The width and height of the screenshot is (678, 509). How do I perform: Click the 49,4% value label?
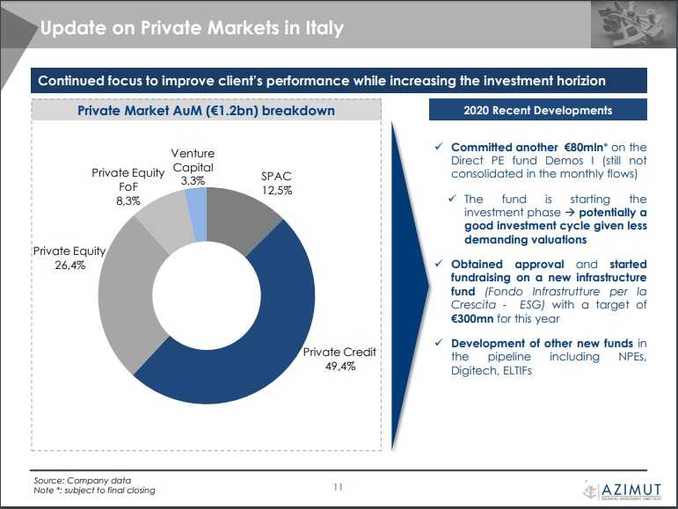[339, 367]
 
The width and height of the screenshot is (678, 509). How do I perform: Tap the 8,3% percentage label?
[128, 201]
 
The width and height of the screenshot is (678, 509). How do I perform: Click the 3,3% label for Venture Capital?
[193, 180]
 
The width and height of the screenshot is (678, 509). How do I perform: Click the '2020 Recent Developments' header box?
[537, 111]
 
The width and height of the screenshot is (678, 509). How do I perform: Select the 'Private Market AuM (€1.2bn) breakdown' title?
[206, 111]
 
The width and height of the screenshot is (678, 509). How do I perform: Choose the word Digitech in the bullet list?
[475, 371]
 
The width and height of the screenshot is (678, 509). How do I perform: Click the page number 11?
[339, 486]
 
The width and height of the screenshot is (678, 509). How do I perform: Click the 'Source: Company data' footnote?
[82, 480]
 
